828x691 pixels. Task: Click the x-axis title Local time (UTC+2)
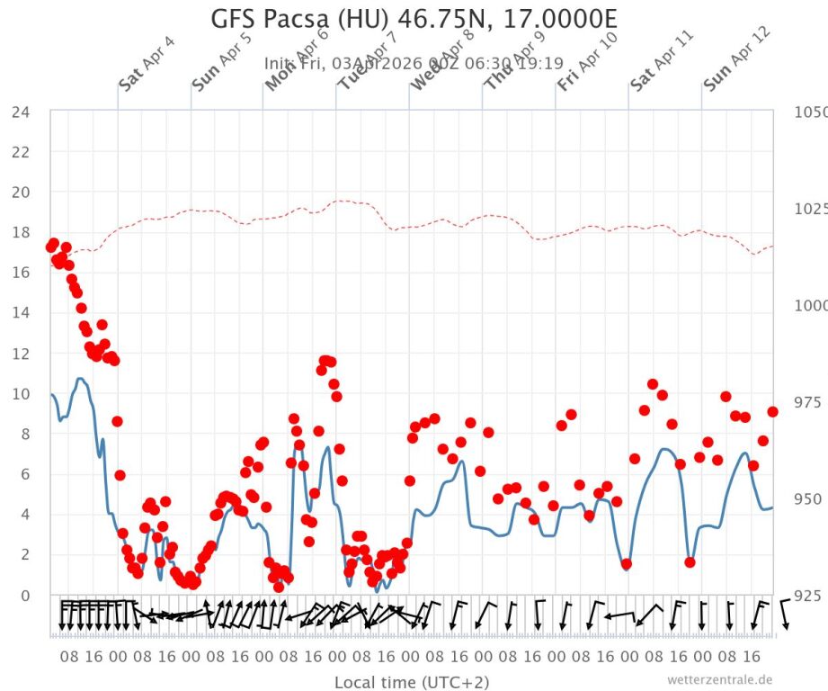[x=413, y=682]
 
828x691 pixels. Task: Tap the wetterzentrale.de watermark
[x=719, y=679]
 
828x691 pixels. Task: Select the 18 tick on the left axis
[x=21, y=232]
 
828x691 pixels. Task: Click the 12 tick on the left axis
[x=21, y=354]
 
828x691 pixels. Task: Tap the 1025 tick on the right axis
[x=809, y=209]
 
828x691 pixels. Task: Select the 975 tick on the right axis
[x=809, y=402]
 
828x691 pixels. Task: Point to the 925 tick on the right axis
[x=809, y=596]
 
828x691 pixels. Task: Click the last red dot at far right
[x=772, y=411]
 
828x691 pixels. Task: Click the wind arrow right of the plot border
[x=784, y=615]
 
